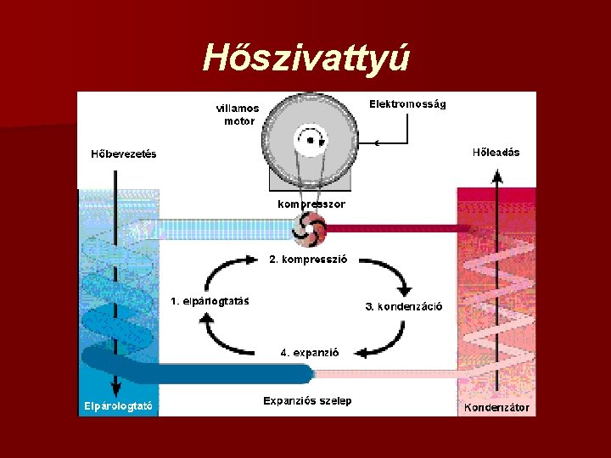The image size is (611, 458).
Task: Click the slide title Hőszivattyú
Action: [x=306, y=58]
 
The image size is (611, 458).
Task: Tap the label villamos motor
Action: [x=237, y=114]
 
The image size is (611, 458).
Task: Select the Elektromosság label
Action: [x=407, y=104]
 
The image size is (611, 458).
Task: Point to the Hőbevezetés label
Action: [x=124, y=154]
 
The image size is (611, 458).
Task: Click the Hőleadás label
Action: [x=496, y=153]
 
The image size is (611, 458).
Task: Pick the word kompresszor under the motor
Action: [x=311, y=204]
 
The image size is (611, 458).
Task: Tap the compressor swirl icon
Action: [x=309, y=227]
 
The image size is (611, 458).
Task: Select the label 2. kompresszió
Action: [x=308, y=260]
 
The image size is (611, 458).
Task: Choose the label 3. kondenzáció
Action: [x=404, y=307]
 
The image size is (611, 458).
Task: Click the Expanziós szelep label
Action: [x=307, y=400]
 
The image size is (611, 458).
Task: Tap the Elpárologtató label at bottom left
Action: [x=118, y=406]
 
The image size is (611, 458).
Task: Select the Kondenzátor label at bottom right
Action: [x=496, y=407]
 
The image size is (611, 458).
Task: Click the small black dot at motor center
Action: [x=310, y=140]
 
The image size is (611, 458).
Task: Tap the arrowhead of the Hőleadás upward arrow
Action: [x=497, y=174]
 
